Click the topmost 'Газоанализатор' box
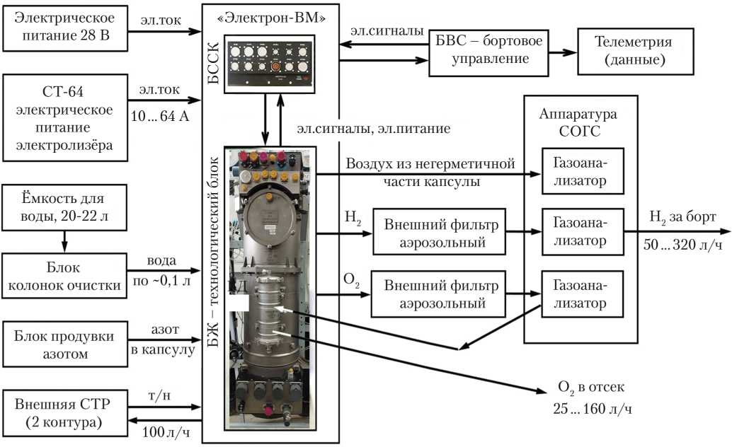tap(583, 171)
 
